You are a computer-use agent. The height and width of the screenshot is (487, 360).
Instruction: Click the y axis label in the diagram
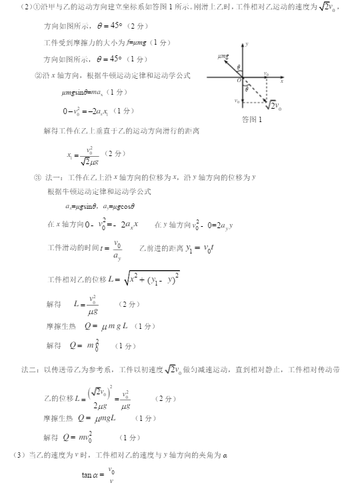point(247,43)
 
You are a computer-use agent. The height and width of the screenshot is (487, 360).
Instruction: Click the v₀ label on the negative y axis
point(237,101)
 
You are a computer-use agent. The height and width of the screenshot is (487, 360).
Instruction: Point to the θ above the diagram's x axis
point(237,67)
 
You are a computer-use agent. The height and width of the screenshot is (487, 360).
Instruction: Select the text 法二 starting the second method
point(27,368)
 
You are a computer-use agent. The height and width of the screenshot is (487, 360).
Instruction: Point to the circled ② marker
point(38,75)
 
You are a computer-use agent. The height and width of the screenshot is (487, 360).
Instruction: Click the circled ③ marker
point(37,177)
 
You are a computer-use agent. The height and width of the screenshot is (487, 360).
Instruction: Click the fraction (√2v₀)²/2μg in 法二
point(101,398)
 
